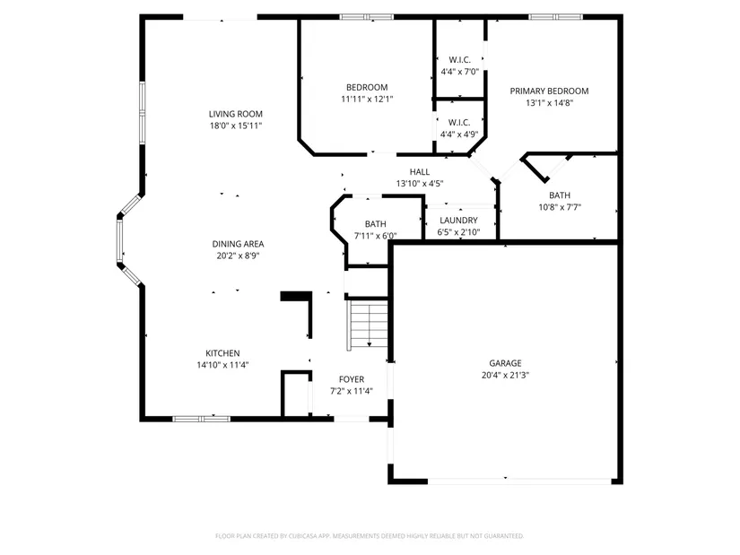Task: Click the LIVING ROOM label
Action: (x=236, y=114)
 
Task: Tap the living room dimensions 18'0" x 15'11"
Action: (x=236, y=126)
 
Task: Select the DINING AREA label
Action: (x=238, y=244)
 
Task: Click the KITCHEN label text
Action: (x=222, y=353)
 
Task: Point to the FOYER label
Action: (x=351, y=379)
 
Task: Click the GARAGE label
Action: (x=505, y=363)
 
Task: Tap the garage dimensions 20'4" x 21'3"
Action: (x=505, y=375)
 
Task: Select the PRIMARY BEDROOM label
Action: (x=549, y=91)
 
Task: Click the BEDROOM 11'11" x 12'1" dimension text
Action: (x=367, y=100)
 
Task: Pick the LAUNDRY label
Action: (x=458, y=221)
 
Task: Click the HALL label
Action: (x=419, y=172)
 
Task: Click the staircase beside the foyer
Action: (x=368, y=325)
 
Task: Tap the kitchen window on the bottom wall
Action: (x=202, y=419)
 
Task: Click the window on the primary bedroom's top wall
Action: (x=555, y=17)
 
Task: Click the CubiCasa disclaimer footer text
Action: (x=370, y=536)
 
